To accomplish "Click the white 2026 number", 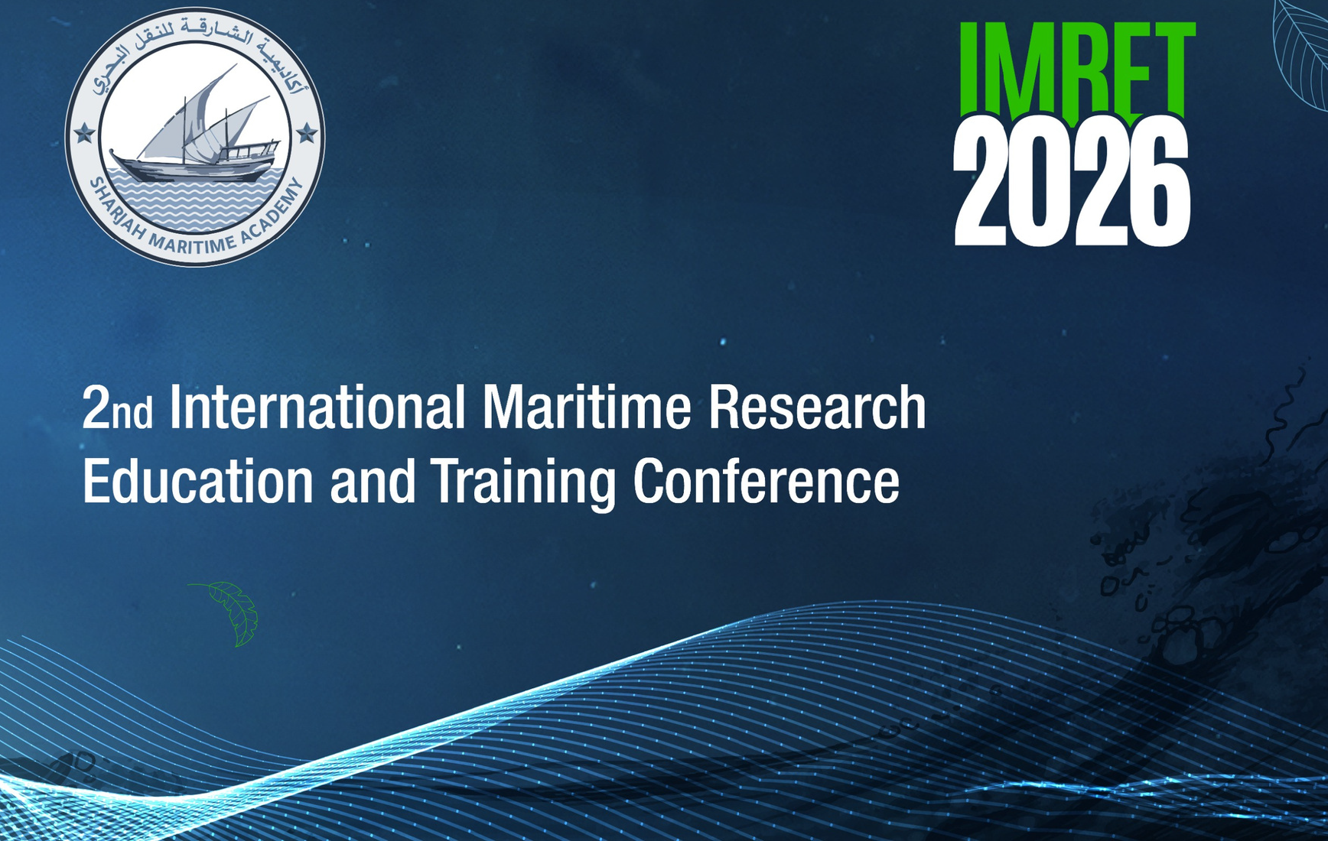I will point(1072,183).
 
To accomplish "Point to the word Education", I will point(198,482).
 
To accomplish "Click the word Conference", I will point(766,482).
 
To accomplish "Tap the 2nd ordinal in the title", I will point(116,408).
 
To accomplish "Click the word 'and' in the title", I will point(373,482).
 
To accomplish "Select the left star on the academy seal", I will point(84,135).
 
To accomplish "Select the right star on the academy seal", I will point(307,134).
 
